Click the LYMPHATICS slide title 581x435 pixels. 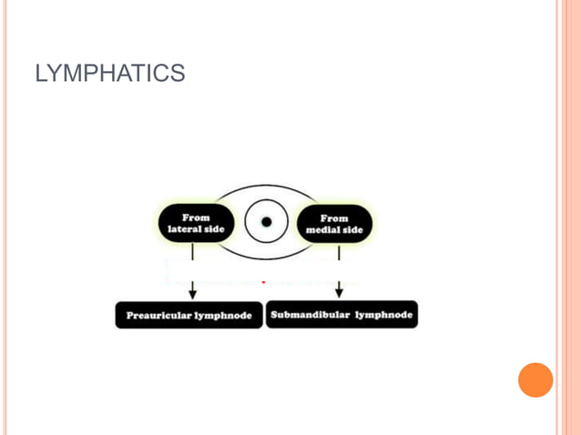click(x=109, y=74)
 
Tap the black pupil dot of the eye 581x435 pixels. click(x=267, y=222)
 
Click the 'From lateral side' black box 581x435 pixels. click(x=197, y=224)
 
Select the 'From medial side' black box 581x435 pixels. click(x=334, y=224)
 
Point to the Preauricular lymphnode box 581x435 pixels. click(x=189, y=316)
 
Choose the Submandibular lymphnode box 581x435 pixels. click(x=341, y=315)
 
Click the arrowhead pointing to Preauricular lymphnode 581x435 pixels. click(x=192, y=293)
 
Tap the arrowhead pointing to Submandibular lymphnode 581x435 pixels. click(x=339, y=292)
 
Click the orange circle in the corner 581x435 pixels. click(x=535, y=379)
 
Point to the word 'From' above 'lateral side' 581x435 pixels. click(x=197, y=217)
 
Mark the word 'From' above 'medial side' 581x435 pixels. click(x=334, y=218)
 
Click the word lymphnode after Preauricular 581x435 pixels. click(x=225, y=316)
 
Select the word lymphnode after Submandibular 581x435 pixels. click(x=383, y=315)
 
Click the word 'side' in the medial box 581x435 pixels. click(x=352, y=230)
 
